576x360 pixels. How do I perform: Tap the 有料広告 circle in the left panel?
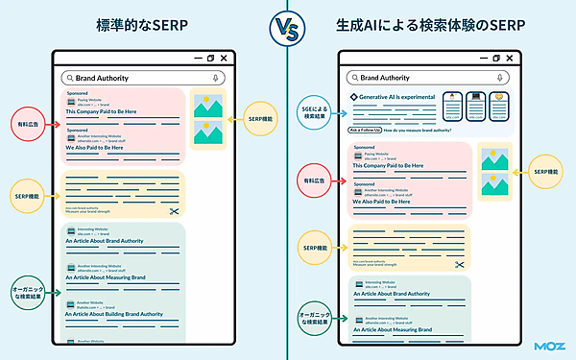26,124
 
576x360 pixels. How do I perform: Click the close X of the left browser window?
224,59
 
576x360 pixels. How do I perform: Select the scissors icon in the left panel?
174,211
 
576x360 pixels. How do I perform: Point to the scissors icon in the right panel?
461,264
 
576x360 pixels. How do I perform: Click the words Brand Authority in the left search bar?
102,77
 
